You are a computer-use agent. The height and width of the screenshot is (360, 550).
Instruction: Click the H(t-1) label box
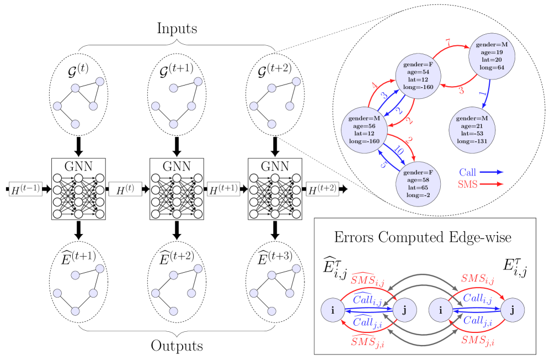(x=25, y=189)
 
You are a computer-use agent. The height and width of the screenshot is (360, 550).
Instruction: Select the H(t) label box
(x=125, y=189)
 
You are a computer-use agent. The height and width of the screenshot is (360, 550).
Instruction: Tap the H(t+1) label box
(x=223, y=189)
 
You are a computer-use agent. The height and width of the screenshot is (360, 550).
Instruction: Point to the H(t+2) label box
(x=322, y=189)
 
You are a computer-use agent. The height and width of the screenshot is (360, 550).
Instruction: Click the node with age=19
(x=492, y=56)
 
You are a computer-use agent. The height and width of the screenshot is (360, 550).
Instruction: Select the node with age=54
(x=418, y=76)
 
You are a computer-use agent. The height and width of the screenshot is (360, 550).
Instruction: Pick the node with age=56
(x=364, y=130)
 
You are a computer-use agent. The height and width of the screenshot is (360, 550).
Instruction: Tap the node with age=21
(x=472, y=130)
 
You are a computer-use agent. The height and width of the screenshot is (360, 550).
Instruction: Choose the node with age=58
(x=418, y=183)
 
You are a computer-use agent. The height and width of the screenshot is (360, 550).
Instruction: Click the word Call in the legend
(x=467, y=172)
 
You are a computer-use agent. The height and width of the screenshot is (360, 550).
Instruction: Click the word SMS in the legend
(x=467, y=184)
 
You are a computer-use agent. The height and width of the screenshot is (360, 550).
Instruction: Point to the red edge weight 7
(x=447, y=43)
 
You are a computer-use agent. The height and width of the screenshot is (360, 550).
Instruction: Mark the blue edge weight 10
(x=399, y=151)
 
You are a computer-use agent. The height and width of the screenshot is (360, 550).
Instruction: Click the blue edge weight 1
(x=480, y=89)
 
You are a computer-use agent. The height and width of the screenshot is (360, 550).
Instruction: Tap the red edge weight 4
(x=375, y=86)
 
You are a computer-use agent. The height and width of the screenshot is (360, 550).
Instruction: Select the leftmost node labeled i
(x=333, y=310)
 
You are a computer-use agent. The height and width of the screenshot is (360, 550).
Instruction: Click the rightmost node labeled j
(x=513, y=310)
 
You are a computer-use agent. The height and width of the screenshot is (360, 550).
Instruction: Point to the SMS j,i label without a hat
(x=477, y=340)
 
